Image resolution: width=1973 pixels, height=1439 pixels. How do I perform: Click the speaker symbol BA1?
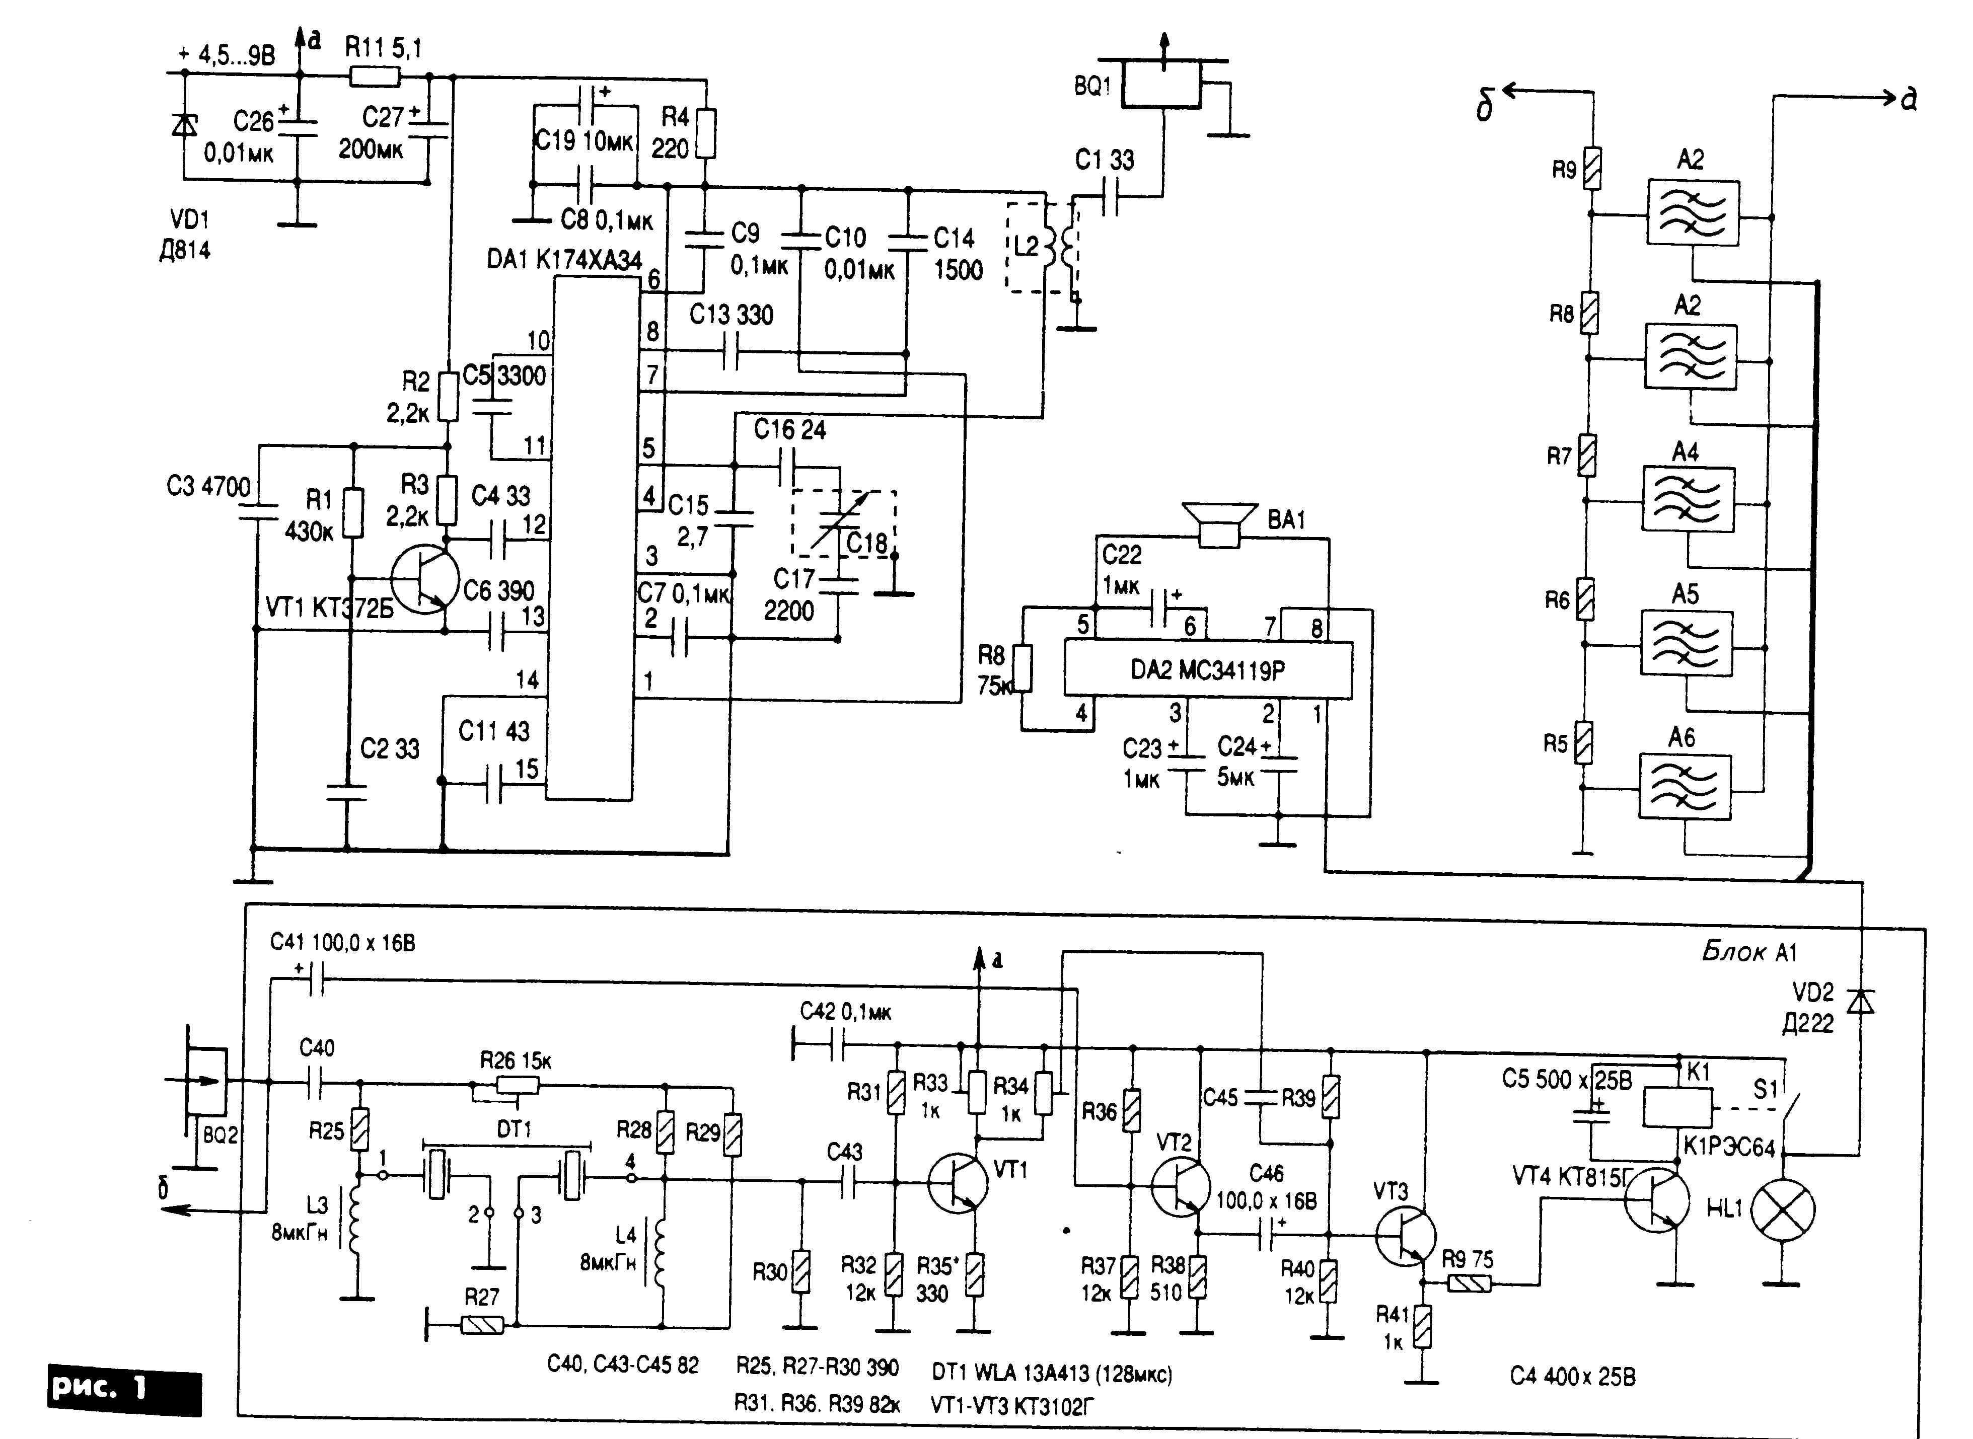(x=1219, y=525)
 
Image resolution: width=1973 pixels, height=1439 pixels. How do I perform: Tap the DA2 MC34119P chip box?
(x=1207, y=670)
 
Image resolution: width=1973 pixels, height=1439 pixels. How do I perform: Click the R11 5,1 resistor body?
(x=375, y=78)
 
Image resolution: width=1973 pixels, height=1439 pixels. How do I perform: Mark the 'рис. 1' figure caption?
(x=124, y=1389)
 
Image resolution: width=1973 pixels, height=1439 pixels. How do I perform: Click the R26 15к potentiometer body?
(x=518, y=1085)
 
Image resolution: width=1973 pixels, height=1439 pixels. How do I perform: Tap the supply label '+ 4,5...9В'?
(x=227, y=56)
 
